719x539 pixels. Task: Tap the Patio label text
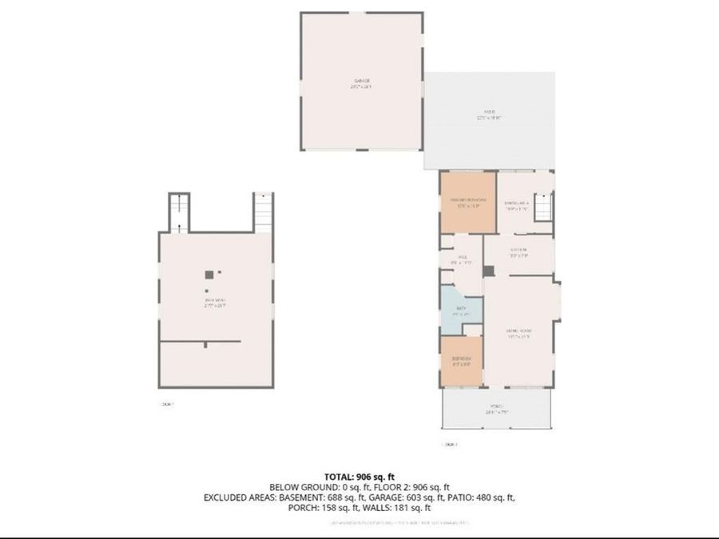[489, 114]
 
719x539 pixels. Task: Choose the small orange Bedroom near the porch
[462, 361]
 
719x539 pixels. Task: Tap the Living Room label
[518, 333]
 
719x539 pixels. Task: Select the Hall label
[462, 259]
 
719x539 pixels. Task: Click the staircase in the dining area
[542, 209]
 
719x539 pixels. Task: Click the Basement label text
[213, 302]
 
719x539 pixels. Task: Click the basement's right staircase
[263, 212]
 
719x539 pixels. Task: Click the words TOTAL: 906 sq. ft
[359, 476]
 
